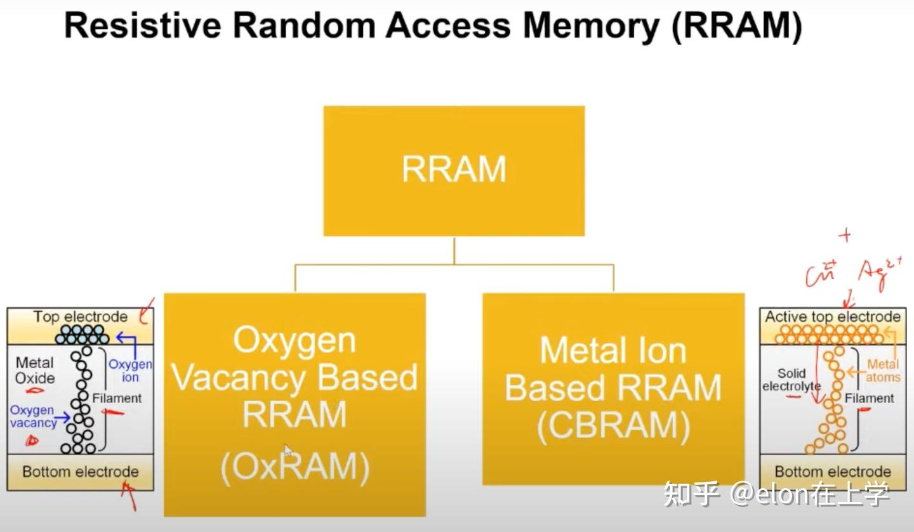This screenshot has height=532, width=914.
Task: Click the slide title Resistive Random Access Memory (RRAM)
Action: click(x=433, y=27)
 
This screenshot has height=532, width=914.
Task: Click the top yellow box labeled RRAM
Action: click(x=454, y=170)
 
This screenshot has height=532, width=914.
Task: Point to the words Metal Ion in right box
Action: click(x=613, y=350)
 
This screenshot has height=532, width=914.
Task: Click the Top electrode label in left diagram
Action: click(x=81, y=316)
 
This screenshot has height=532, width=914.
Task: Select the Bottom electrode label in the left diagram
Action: click(x=81, y=472)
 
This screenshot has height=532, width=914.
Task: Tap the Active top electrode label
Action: click(x=833, y=316)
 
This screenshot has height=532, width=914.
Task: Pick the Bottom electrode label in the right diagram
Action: click(x=833, y=472)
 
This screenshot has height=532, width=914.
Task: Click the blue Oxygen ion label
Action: click(x=130, y=371)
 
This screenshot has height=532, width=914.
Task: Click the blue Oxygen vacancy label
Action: click(x=32, y=416)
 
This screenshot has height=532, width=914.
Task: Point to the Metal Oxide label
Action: click(x=35, y=370)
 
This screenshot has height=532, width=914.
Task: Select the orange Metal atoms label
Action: click(x=884, y=371)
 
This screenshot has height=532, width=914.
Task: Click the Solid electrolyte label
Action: click(x=791, y=380)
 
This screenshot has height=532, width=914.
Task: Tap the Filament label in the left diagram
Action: click(x=117, y=398)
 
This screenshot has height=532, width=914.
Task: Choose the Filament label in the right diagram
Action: click(x=870, y=398)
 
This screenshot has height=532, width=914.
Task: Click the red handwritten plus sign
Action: click(x=844, y=236)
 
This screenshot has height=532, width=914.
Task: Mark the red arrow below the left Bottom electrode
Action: click(x=130, y=495)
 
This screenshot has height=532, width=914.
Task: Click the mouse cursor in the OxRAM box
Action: click(x=288, y=450)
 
